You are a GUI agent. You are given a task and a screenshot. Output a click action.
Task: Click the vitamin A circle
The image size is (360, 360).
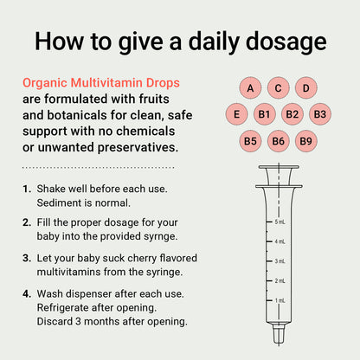pyautogui.click(x=250, y=88)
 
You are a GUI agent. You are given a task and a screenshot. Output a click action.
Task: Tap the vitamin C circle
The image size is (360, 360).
pyautogui.click(x=279, y=88)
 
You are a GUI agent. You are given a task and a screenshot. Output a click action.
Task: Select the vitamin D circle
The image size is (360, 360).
pyautogui.click(x=306, y=88)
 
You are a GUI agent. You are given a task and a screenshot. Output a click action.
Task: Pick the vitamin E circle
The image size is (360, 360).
pyautogui.click(x=236, y=114)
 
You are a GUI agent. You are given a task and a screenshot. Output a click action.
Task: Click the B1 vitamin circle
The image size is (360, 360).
pyautogui.click(x=264, y=114)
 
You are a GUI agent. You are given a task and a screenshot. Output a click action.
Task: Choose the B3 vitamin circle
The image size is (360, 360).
pyautogui.click(x=320, y=114)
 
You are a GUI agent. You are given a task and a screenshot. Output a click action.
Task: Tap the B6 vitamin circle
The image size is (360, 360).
pyautogui.click(x=279, y=141)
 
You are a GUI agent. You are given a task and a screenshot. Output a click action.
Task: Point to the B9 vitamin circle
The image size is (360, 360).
pyautogui.click(x=306, y=141)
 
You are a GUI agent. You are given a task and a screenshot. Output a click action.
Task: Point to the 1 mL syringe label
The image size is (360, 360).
pyautogui.click(x=280, y=300)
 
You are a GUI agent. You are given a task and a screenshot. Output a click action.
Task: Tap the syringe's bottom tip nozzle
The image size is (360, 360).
pyautogui.click(x=279, y=334)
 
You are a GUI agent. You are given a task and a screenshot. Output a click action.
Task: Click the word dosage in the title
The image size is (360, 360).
pyautogui.click(x=286, y=42)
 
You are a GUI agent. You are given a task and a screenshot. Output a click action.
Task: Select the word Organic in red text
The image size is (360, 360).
pyautogui.click(x=45, y=83)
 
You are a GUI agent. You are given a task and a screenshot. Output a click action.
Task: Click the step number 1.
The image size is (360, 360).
pyautogui.click(x=27, y=189)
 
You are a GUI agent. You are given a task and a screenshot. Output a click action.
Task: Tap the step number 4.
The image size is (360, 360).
pyautogui.click(x=27, y=294)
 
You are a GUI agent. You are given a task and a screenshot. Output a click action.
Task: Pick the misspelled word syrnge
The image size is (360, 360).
pyautogui.click(x=162, y=237)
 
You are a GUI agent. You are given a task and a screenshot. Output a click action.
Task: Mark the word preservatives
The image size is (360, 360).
pyautogui.click(x=138, y=148)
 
